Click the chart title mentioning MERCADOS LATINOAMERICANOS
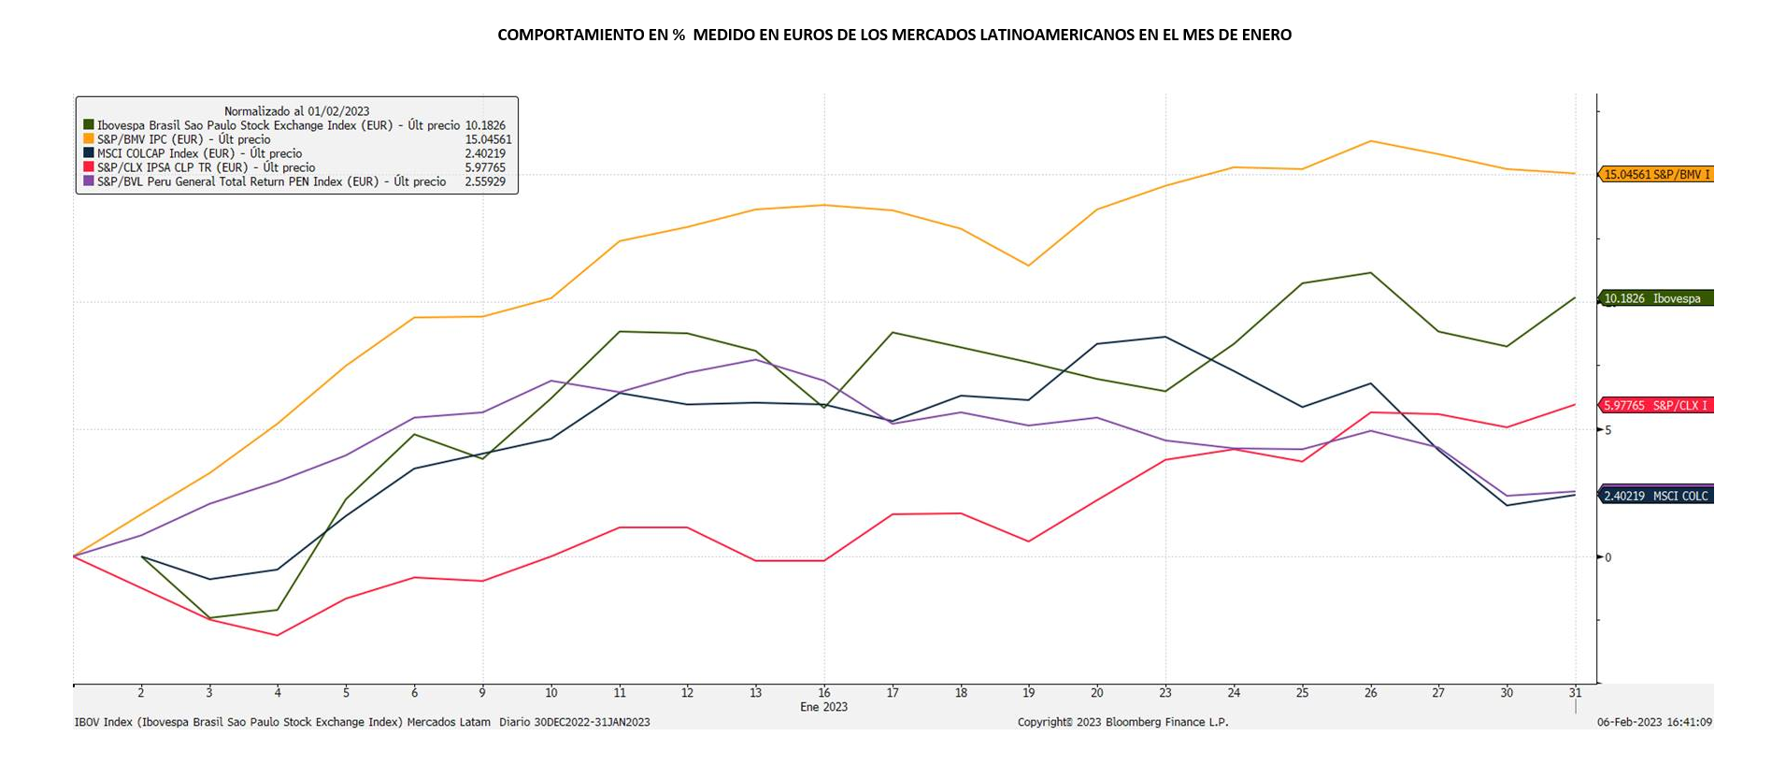pos(893,36)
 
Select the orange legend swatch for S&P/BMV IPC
pos(89,139)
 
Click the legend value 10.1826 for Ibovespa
pos(485,125)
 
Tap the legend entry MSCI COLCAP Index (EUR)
pos(199,153)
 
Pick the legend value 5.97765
pos(485,167)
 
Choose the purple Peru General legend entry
pos(271,181)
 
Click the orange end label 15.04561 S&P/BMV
pos(1656,174)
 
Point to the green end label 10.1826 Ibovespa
pos(1656,298)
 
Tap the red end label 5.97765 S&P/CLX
pos(1656,405)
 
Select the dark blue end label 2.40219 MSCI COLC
pos(1656,496)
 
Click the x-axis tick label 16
pos(823,693)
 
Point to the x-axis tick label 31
pos(1575,693)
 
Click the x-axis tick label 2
pos(141,693)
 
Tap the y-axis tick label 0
pos(1608,557)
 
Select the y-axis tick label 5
pos(1608,430)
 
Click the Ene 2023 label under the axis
pos(823,707)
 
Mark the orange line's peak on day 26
pos(1370,141)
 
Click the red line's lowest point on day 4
pos(277,635)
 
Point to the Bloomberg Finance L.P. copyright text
pos(1122,722)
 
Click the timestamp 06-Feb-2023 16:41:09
pos(1654,722)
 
